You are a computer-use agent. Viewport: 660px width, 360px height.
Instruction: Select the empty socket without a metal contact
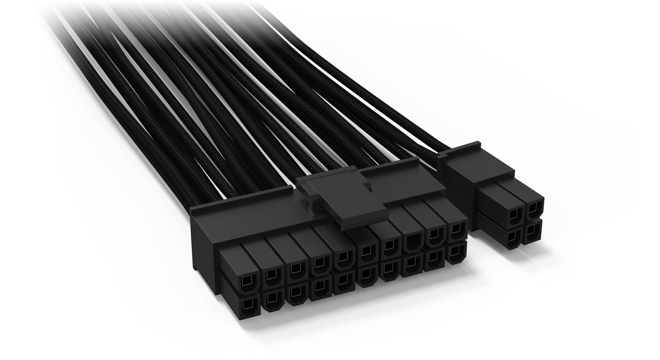[x=412, y=243]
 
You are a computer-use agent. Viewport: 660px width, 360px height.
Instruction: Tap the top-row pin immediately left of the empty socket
[x=389, y=246]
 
